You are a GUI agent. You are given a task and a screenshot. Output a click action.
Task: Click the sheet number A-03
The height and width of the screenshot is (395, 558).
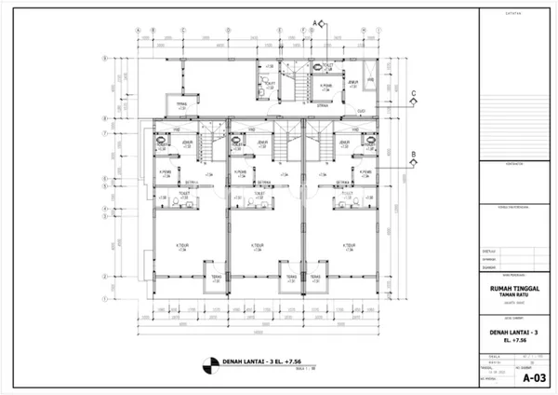coord(533,378)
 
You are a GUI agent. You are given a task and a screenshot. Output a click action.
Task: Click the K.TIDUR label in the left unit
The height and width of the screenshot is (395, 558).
coord(183,246)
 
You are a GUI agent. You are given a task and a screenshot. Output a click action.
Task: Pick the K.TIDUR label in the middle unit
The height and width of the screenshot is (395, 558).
coord(259,246)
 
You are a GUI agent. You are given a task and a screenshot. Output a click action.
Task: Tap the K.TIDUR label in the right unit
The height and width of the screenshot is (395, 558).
coord(349,246)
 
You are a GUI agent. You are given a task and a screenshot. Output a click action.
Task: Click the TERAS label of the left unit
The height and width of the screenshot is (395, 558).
coord(213,277)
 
